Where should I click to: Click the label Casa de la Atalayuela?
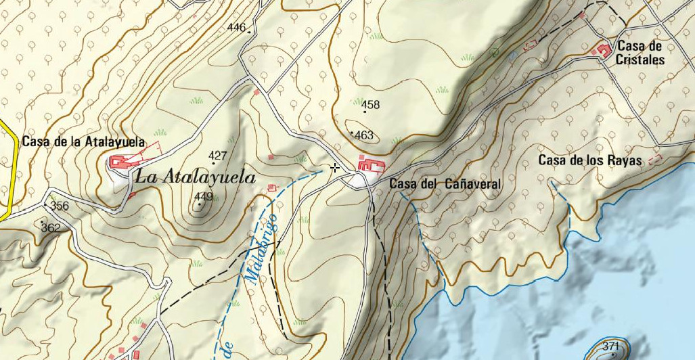[x=84, y=142]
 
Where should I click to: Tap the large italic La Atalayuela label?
[x=196, y=178]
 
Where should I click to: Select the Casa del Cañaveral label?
[x=445, y=184]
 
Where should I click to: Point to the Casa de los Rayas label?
[x=589, y=160]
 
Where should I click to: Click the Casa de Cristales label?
[x=640, y=53]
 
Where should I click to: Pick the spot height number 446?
[x=236, y=28]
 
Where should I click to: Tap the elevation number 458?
[x=371, y=105]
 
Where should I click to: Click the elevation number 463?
[x=364, y=135]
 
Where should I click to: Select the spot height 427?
[x=217, y=156]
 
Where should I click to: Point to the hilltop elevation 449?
[x=204, y=197]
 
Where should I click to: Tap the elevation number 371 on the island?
[x=611, y=346]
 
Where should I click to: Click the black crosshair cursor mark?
[x=335, y=168]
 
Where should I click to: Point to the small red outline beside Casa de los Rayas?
[x=654, y=160]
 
